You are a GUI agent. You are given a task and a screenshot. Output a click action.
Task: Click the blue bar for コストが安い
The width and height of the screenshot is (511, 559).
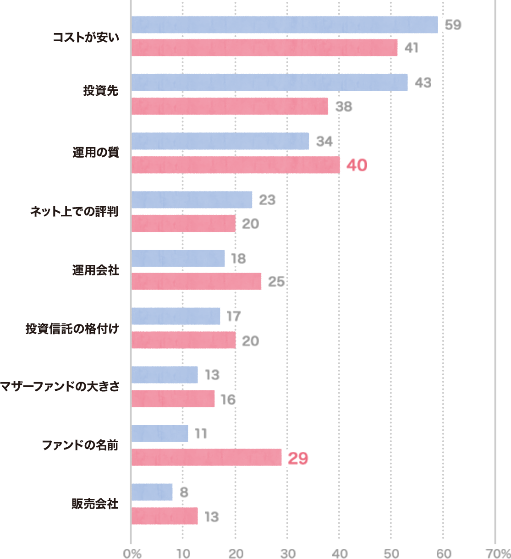284,25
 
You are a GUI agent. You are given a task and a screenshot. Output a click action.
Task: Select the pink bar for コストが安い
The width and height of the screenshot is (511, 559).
264,48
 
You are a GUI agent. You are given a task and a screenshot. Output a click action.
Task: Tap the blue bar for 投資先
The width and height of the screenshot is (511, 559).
269,82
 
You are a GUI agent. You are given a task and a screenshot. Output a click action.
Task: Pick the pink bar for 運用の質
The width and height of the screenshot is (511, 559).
236,165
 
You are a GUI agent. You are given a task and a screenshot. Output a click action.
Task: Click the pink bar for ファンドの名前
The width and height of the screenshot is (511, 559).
206,458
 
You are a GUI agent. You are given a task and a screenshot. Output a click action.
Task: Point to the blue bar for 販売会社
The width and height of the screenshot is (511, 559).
152,493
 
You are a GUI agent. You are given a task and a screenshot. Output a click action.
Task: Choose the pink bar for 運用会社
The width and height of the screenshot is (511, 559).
196,281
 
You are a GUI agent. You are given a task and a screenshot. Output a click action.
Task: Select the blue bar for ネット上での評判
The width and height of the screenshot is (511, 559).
192,200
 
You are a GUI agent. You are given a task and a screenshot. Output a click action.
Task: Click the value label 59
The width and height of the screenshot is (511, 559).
453,25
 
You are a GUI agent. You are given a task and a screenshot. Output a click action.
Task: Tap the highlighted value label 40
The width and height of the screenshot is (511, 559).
357,165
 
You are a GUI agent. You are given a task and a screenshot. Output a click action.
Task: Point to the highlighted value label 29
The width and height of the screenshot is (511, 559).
298,458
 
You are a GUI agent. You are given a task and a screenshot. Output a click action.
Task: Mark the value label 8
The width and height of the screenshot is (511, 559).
184,493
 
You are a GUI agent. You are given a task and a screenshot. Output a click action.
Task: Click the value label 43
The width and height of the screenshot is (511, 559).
423,82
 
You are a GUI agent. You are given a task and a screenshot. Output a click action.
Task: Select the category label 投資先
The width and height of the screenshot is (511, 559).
101,91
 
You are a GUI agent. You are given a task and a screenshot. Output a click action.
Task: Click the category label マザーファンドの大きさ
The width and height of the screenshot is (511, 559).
60,386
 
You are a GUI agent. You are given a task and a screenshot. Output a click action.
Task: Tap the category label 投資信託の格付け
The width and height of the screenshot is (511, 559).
72,329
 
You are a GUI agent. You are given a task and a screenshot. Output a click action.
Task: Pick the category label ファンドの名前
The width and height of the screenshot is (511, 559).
81,445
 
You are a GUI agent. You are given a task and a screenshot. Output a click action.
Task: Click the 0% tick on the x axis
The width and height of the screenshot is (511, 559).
132,554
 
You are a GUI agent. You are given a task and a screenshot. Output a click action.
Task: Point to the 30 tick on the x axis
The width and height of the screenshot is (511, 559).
288,554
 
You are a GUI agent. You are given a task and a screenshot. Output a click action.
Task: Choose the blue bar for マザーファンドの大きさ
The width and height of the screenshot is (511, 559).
165,375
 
